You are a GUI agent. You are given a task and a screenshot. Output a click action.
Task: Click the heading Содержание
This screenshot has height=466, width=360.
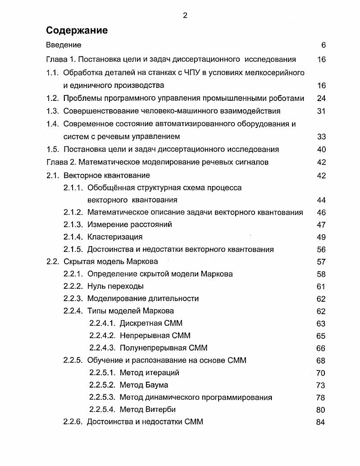(77, 31)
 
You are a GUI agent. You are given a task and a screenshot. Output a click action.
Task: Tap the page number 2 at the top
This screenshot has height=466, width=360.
(185, 15)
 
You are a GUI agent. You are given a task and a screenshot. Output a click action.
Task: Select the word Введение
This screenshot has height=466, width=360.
(64, 45)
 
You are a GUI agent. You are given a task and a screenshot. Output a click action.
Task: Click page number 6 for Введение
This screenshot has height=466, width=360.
(323, 45)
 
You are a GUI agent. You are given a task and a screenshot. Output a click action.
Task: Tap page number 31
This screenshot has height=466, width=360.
(321, 111)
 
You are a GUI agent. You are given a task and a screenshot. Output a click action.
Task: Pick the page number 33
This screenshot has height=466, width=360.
(321, 137)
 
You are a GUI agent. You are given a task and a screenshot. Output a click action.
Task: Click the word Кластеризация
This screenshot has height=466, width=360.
(114, 237)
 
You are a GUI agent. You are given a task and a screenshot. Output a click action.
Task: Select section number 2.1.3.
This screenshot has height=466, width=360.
(73, 224)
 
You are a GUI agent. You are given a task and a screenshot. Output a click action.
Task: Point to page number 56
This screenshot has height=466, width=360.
(321, 249)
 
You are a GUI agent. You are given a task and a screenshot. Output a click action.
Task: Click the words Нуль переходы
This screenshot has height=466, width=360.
(115, 286)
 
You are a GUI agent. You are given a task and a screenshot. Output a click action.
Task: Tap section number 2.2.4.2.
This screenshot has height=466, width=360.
(102, 335)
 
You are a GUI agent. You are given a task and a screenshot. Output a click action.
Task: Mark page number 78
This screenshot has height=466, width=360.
(321, 397)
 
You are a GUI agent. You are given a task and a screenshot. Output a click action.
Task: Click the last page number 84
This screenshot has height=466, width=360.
(321, 422)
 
